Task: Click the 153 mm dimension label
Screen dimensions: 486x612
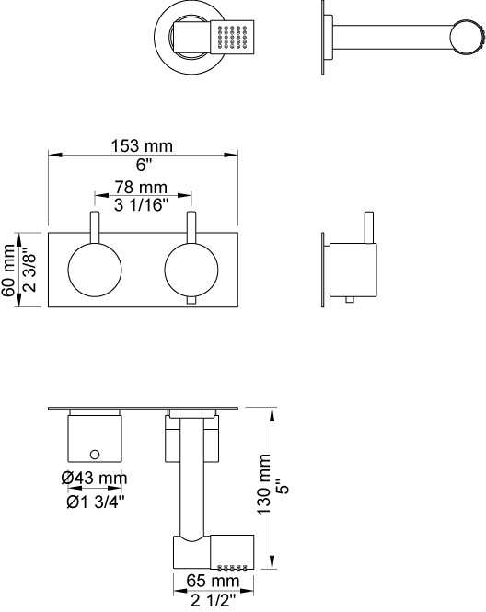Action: (x=142, y=146)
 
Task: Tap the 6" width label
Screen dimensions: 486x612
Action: (x=144, y=165)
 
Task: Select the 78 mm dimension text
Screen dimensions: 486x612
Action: (x=141, y=188)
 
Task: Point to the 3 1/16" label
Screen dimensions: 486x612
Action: (x=141, y=205)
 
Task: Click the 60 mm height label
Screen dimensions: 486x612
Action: (x=8, y=270)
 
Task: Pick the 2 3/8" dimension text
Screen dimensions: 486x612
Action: (x=29, y=270)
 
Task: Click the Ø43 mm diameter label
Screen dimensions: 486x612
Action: (x=94, y=478)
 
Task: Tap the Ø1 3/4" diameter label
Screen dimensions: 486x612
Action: (x=96, y=502)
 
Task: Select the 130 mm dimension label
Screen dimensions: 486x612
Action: (x=264, y=484)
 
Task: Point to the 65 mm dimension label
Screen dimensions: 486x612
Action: (x=213, y=581)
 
